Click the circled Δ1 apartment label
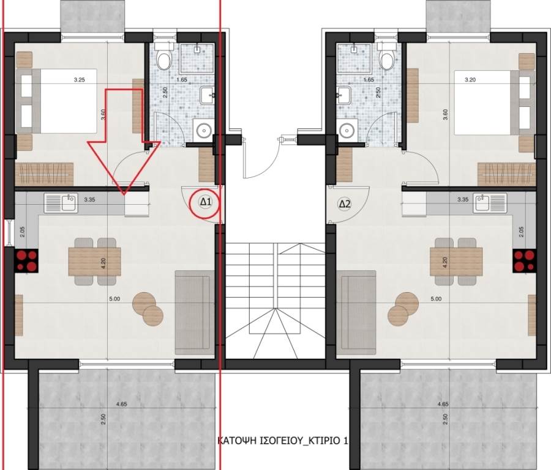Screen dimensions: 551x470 (x=205, y=202)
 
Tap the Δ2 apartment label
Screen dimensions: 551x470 (x=344, y=204)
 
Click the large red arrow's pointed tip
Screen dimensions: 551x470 (x=124, y=194)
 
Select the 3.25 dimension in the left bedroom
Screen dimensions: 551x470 (x=80, y=80)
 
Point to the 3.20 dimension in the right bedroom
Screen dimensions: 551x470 (x=470, y=80)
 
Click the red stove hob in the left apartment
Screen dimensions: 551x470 (x=26, y=260)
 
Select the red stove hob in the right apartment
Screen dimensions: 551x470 (x=524, y=260)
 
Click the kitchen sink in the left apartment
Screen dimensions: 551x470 (x=61, y=204)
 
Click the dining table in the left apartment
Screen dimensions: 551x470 (x=94, y=262)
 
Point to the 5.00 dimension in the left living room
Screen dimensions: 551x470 (x=114, y=299)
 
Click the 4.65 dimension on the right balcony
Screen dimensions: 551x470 (x=443, y=404)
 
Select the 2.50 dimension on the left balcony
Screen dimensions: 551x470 (x=103, y=419)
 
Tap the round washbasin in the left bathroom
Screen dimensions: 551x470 (x=203, y=131)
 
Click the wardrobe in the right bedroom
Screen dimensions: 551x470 (x=506, y=174)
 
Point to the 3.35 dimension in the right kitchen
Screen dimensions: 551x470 (x=463, y=200)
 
